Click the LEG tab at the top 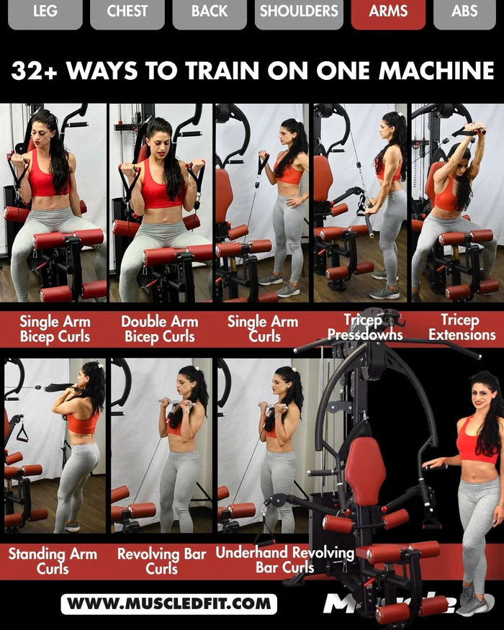(45, 12)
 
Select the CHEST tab (127, 12)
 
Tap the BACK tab (210, 12)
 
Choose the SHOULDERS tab (299, 12)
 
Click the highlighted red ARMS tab (388, 12)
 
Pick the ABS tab (464, 12)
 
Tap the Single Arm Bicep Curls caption (55, 329)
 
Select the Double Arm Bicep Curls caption (160, 329)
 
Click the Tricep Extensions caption (462, 328)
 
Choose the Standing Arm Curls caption (53, 562)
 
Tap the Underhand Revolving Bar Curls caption (285, 560)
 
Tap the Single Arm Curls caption (263, 329)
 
